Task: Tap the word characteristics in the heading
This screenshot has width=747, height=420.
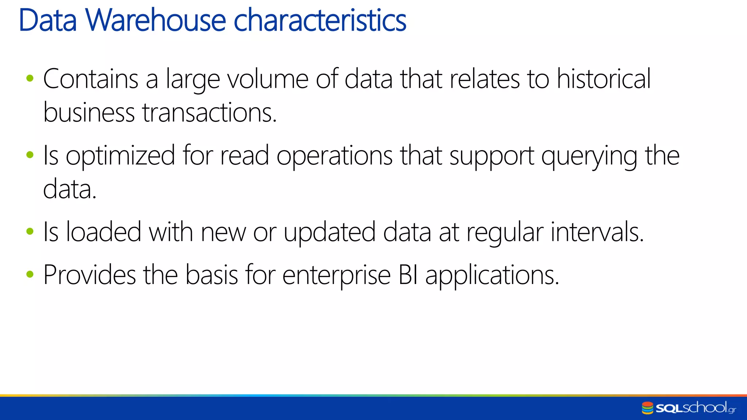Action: click(320, 20)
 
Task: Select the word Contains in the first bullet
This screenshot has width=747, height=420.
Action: click(91, 79)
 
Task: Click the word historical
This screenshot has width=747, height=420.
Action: click(604, 79)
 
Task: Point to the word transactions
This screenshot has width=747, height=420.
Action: click(209, 113)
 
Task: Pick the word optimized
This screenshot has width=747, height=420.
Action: click(120, 156)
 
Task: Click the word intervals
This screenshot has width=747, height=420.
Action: click(597, 232)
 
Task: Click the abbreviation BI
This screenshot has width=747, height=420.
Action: click(408, 275)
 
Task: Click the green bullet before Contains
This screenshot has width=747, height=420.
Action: click(30, 78)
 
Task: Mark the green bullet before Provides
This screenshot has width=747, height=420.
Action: click(30, 274)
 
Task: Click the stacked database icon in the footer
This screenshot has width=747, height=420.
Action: click(647, 408)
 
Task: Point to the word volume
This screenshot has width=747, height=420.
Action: click(268, 79)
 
